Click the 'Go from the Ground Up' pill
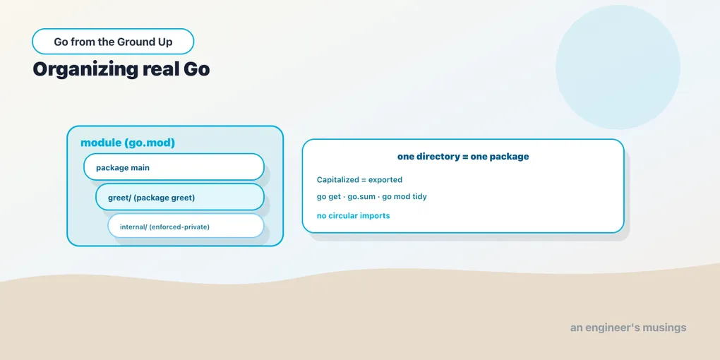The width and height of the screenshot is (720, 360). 113,42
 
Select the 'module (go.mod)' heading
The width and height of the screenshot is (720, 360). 128,143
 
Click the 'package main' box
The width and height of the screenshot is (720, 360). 174,167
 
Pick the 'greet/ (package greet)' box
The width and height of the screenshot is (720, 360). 179,197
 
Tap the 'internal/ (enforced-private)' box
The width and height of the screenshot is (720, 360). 186,225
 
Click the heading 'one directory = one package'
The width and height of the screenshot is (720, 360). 463,157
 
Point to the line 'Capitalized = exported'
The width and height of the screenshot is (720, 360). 359,179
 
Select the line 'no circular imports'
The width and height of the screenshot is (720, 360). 353,215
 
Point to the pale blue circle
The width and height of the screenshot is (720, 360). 618,67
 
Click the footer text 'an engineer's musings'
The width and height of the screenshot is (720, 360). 628,328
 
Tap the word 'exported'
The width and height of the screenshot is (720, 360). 385,179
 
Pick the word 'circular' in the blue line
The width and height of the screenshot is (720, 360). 344,215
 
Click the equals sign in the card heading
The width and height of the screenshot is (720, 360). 465,157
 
